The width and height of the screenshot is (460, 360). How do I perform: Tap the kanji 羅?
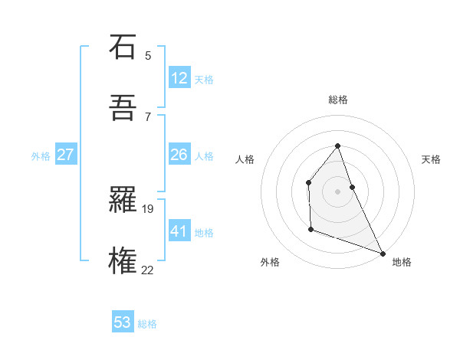(x=123, y=200)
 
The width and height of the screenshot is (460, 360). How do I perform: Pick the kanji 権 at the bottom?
(x=123, y=261)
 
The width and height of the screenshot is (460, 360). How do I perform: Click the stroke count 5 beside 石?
(x=148, y=55)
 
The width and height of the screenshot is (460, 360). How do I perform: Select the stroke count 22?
(x=147, y=270)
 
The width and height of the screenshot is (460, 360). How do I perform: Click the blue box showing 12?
(x=179, y=78)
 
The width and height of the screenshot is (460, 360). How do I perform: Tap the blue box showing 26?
(x=179, y=155)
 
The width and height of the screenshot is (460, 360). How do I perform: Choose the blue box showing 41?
(x=179, y=231)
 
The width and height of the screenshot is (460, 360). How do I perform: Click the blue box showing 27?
(x=65, y=155)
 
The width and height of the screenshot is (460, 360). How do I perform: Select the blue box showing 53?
(x=122, y=322)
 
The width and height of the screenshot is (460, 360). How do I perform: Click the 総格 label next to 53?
(x=147, y=324)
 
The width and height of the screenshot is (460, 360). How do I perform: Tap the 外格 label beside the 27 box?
(x=41, y=156)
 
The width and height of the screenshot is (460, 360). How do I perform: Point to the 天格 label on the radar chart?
(x=431, y=159)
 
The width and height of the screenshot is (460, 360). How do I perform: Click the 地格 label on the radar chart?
(x=402, y=262)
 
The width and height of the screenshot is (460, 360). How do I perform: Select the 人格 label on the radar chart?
(x=245, y=159)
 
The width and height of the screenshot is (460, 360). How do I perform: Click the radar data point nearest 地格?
(x=382, y=253)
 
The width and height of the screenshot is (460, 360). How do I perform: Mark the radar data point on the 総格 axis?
(x=337, y=146)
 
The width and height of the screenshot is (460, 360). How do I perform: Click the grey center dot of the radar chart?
(x=337, y=191)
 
